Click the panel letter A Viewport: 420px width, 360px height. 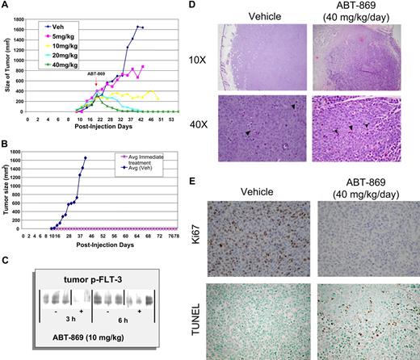[x=7, y=6]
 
